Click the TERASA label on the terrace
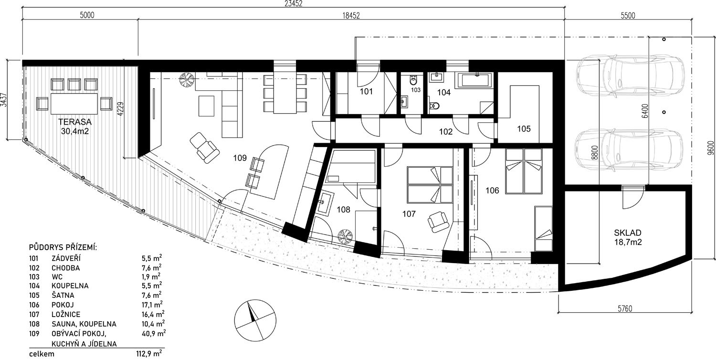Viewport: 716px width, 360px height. pyautogui.click(x=75, y=122)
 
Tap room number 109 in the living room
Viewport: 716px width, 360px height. pyautogui.click(x=240, y=158)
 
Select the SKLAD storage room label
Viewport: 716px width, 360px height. pyautogui.click(x=628, y=233)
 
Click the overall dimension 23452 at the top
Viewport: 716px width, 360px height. pyautogui.click(x=293, y=3)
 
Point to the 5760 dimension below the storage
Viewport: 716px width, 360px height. pyautogui.click(x=625, y=309)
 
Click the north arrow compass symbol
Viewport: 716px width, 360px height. pyautogui.click(x=255, y=320)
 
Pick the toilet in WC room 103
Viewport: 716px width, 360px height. pyautogui.click(x=414, y=80)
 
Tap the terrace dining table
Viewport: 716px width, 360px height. pyautogui.click(x=74, y=104)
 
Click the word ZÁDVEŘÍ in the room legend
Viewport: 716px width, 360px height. pyautogui.click(x=66, y=258)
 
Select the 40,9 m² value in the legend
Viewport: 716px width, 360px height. pyautogui.click(x=153, y=333)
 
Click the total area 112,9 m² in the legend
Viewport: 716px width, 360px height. pyautogui.click(x=148, y=354)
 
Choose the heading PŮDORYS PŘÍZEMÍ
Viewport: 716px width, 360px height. pyautogui.click(x=63, y=248)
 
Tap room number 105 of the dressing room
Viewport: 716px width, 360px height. pyautogui.click(x=524, y=129)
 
